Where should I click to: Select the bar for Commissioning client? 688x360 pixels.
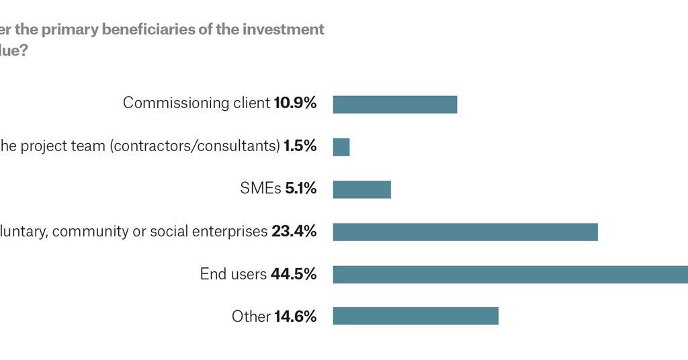(x=395, y=105)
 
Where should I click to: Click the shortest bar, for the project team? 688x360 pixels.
(x=341, y=147)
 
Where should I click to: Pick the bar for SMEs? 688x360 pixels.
(x=362, y=189)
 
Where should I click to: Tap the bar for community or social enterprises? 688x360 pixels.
(x=465, y=232)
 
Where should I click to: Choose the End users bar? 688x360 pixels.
(x=511, y=274)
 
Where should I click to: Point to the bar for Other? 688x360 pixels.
(x=416, y=316)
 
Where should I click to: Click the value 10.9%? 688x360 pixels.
(x=295, y=103)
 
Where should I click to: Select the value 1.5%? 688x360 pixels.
(x=300, y=146)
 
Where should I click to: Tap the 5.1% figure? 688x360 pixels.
(x=300, y=189)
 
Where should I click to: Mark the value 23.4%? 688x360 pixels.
(x=294, y=232)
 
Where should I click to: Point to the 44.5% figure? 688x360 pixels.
(x=293, y=274)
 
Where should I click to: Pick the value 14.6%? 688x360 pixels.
(x=295, y=316)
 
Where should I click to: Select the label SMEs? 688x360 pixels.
(x=261, y=189)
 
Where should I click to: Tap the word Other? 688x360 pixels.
(x=251, y=316)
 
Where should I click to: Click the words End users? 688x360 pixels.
(x=233, y=274)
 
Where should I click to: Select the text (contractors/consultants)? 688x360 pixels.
(x=195, y=146)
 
